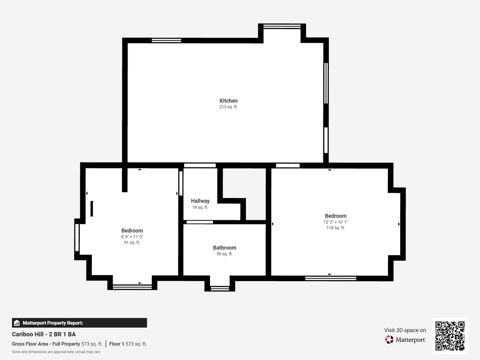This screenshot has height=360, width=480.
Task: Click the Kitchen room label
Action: (228, 101)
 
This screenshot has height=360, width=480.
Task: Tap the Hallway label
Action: (200, 201)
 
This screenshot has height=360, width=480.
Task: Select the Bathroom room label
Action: (224, 248)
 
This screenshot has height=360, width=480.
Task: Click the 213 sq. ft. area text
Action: (228, 107)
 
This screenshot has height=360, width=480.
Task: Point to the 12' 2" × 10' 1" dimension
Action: (335, 222)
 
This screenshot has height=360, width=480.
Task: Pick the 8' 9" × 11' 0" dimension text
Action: (132, 237)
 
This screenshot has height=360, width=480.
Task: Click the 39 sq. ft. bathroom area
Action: (224, 254)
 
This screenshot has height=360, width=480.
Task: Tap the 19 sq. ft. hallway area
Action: (200, 207)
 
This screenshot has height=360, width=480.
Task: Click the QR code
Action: (450, 336)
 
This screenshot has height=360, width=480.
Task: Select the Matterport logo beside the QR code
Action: (405, 340)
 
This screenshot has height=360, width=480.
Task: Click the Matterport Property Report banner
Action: (79, 322)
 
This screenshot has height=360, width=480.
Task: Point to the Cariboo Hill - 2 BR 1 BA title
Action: (44, 334)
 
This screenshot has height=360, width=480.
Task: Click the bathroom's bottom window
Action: (220, 288)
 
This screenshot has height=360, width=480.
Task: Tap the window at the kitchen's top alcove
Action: (282, 26)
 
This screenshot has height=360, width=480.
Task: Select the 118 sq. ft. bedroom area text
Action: (335, 228)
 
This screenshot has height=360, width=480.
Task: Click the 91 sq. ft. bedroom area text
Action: (132, 242)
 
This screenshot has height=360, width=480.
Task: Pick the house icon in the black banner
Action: (17, 323)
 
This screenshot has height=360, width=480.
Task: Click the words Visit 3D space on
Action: (405, 330)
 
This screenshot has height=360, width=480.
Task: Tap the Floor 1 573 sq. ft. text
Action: (128, 344)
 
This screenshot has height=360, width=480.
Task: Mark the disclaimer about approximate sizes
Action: (56, 352)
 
